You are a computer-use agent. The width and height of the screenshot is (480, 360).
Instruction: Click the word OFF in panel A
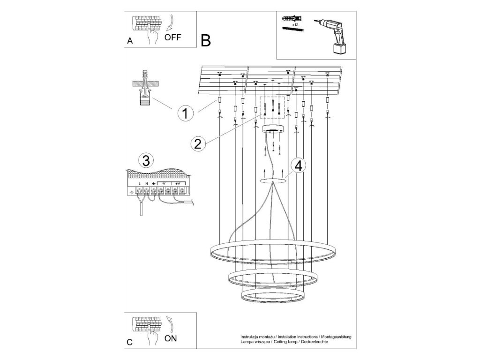coord(172,37)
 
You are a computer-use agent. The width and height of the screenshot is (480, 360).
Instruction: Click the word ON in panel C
coord(171,337)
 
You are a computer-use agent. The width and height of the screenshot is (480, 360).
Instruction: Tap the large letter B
coord(206,41)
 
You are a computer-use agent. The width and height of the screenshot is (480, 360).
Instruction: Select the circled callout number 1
coord(186,113)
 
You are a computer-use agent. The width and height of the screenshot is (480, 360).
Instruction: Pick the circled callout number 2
coord(198,143)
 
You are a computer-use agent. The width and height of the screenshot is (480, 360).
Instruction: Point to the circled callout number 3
coord(146,161)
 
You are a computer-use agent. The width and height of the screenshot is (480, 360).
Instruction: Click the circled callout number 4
coord(299,165)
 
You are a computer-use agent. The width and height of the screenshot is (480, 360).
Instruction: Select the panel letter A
coord(130,41)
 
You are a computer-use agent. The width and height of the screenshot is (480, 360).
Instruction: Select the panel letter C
coord(130,342)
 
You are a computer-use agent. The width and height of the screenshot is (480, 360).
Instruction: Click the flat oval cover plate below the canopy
coord(273,180)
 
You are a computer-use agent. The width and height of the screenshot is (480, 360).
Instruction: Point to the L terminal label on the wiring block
coord(140,183)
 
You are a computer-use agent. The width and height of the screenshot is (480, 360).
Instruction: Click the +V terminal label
coord(178,183)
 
